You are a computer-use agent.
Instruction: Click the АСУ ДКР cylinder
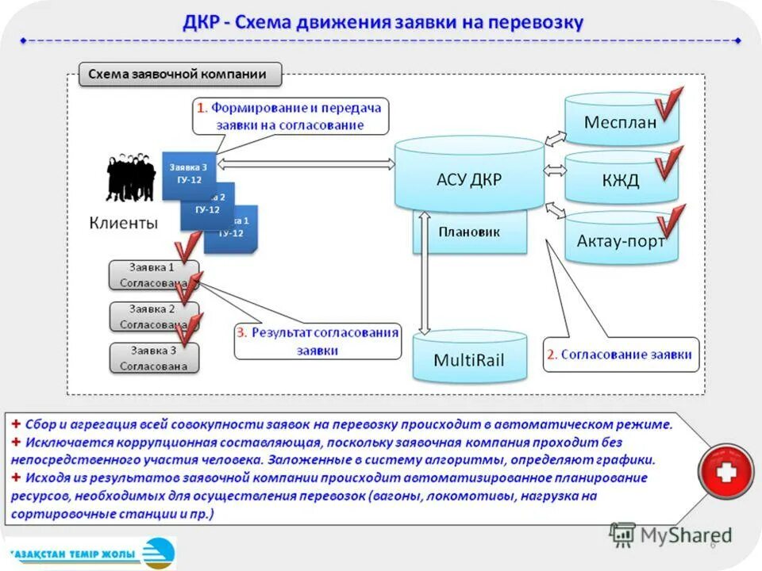pos(469,178)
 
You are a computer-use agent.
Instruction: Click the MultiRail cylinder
pos(469,359)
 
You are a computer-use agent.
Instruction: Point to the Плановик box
pos(469,232)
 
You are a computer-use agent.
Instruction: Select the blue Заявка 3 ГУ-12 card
pos(188,174)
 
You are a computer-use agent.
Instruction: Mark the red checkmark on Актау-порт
pos(669,222)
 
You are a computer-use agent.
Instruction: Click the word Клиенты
pos(123,223)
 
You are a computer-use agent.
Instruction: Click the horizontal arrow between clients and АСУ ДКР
pos(306,164)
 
